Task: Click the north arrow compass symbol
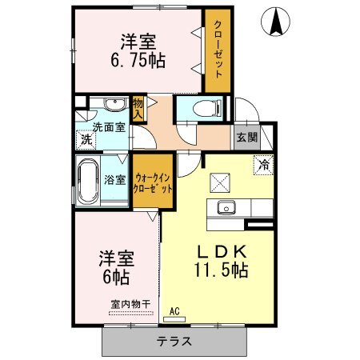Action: [275, 21]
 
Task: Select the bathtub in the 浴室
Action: [88, 182]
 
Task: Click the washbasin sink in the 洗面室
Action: [115, 104]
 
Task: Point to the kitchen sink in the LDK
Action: [226, 207]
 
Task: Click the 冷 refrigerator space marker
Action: [264, 165]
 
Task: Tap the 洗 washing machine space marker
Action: [86, 139]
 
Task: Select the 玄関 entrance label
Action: [247, 138]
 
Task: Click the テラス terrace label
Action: [174, 342]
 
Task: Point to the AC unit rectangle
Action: [174, 319]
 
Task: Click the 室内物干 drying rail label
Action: [130, 304]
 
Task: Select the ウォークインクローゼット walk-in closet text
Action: [153, 183]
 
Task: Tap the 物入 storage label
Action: [138, 109]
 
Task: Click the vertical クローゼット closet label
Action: [218, 49]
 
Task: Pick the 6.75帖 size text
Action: [138, 60]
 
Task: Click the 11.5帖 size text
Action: [221, 270]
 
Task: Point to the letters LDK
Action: [221, 251]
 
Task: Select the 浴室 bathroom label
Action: [115, 180]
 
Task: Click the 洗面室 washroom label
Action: [109, 127]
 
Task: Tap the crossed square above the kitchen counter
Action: [220, 182]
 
